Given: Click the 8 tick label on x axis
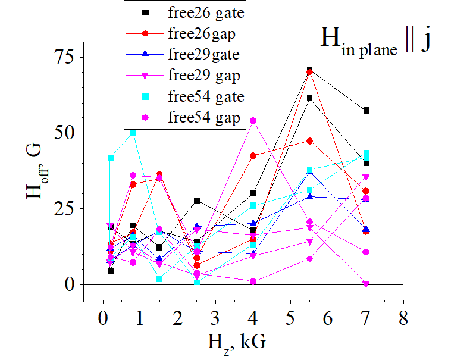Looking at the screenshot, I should (403, 317).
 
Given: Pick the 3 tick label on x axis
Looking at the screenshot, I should (216, 317).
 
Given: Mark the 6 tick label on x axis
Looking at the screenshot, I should (328, 317).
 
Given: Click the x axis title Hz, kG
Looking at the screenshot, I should (236, 342).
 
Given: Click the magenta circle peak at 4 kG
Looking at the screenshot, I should (253, 121).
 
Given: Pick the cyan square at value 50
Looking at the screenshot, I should (133, 133).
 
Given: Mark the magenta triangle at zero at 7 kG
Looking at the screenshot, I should (366, 284).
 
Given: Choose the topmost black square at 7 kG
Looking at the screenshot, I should (366, 110).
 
